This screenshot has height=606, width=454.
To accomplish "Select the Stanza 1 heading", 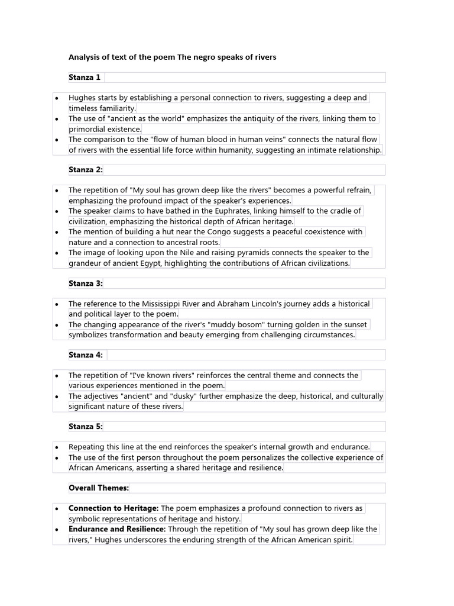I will pyautogui.click(x=85, y=78).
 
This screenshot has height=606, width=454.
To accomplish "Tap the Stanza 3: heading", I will pyautogui.click(x=86, y=283).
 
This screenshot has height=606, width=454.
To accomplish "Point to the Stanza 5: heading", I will pyautogui.click(x=86, y=427).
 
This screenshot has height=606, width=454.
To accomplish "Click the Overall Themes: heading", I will pyautogui.click(x=99, y=488).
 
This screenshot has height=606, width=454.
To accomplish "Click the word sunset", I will pyautogui.click(x=354, y=325).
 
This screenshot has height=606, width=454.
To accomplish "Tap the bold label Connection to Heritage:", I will pyautogui.click(x=113, y=508).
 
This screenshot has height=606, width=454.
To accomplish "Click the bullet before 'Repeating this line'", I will pyautogui.click(x=56, y=447).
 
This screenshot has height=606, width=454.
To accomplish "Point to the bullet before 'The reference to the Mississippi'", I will pyautogui.click(x=56, y=304).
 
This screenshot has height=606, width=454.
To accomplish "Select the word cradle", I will pyautogui.click(x=337, y=211).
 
